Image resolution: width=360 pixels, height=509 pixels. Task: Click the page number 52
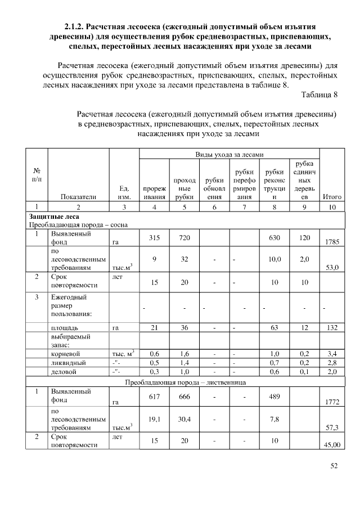pos(332,465)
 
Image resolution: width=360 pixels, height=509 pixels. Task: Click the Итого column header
pos(332,197)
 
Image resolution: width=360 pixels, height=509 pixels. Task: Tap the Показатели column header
pos(78,197)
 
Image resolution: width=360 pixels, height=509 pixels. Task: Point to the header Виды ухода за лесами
pos(229,154)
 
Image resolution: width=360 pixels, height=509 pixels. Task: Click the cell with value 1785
pos(332,242)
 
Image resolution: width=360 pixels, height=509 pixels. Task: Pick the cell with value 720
pos(184,237)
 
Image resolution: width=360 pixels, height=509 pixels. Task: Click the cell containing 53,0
pos(332,267)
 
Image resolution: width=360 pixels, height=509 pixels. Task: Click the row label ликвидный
pos(66,363)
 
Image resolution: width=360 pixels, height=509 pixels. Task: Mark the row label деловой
pos(62,372)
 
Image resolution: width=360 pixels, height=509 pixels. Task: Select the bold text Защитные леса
pos(54,216)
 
